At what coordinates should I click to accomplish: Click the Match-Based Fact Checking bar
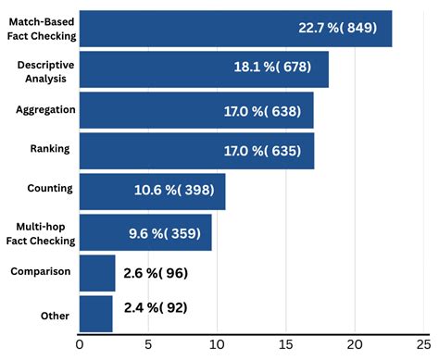point(235,29)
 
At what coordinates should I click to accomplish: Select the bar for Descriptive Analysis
point(204,69)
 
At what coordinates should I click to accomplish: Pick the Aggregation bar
point(196,110)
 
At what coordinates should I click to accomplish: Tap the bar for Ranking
point(196,151)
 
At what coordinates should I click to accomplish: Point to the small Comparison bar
point(97,273)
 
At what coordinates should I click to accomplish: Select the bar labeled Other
point(96,314)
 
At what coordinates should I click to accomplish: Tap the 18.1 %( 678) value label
point(272,68)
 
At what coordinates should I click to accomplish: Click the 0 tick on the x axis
point(80,346)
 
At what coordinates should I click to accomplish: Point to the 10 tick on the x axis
point(217,346)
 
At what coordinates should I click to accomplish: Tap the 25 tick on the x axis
point(423,346)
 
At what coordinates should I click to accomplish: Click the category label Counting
point(50,188)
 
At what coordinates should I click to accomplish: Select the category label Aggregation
point(44,109)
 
